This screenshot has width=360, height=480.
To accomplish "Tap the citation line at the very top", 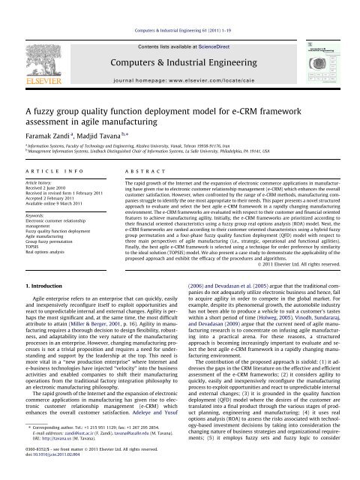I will (x=180, y=8).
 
